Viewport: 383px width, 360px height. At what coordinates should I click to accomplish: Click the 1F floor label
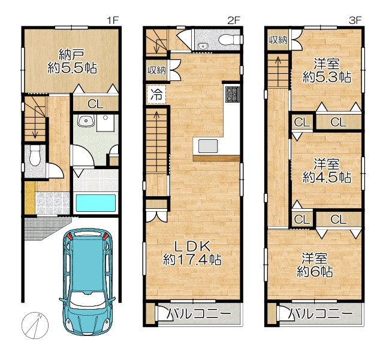click(x=113, y=20)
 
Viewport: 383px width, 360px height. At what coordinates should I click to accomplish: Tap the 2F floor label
click(x=234, y=20)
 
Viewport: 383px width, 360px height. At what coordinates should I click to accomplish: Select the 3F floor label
click(x=355, y=20)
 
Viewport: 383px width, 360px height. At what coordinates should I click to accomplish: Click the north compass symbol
click(x=35, y=326)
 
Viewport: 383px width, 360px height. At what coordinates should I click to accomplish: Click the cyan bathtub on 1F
click(x=95, y=203)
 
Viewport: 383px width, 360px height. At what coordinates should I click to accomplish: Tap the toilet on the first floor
click(x=35, y=155)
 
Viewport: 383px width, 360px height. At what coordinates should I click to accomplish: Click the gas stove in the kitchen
click(x=233, y=94)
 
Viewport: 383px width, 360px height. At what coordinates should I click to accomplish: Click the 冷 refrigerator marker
click(x=156, y=94)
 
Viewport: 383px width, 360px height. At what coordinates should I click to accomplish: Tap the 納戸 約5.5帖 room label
click(x=73, y=61)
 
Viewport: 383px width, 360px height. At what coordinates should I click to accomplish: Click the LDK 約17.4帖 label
click(x=192, y=253)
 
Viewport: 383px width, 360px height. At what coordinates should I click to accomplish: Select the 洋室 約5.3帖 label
click(x=327, y=71)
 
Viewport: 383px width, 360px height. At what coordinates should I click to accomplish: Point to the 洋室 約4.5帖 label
click(x=327, y=171)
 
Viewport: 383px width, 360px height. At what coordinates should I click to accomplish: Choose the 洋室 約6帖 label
click(x=315, y=265)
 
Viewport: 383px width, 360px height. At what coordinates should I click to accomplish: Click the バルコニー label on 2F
click(x=199, y=314)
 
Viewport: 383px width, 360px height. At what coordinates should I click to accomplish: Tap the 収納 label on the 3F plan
click(x=278, y=40)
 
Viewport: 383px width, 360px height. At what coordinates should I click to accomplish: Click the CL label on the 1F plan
click(x=95, y=104)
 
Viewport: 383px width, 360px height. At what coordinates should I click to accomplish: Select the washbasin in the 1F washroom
click(x=86, y=121)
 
